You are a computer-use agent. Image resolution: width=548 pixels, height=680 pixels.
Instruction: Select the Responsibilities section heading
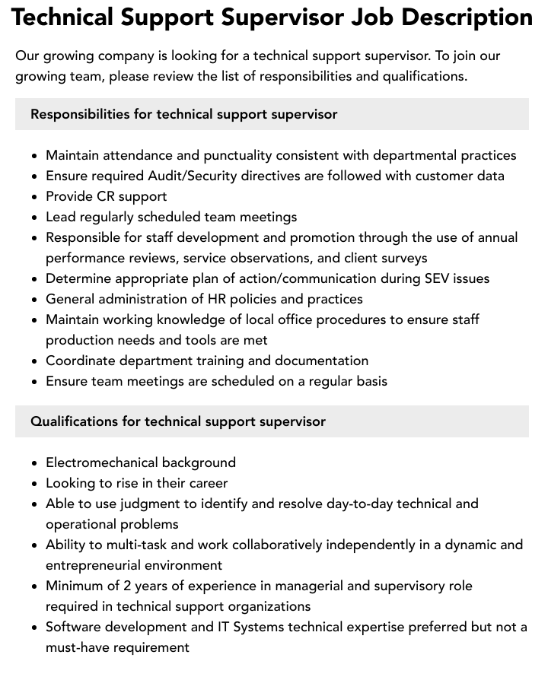[x=183, y=114]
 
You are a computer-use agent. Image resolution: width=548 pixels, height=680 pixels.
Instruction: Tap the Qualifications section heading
[x=178, y=421]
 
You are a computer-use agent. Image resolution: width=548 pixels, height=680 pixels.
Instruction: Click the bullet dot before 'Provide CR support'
[x=35, y=197]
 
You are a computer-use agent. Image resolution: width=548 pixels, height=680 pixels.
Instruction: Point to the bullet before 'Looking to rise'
[x=35, y=484]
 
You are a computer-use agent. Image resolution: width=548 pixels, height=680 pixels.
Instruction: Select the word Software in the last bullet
[x=76, y=627]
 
